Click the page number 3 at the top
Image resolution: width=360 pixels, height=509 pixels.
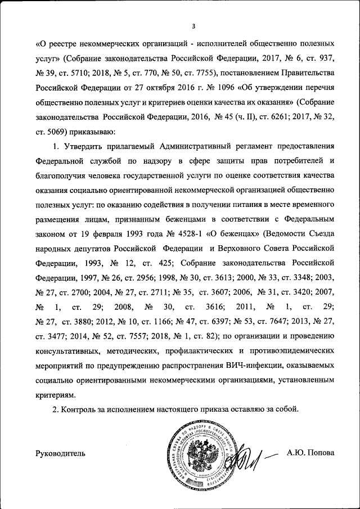(x=193, y=25)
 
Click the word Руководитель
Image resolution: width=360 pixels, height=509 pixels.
(x=61, y=453)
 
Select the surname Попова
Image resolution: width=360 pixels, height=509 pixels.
(x=319, y=453)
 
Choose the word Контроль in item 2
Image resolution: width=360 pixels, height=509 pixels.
(x=80, y=410)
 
